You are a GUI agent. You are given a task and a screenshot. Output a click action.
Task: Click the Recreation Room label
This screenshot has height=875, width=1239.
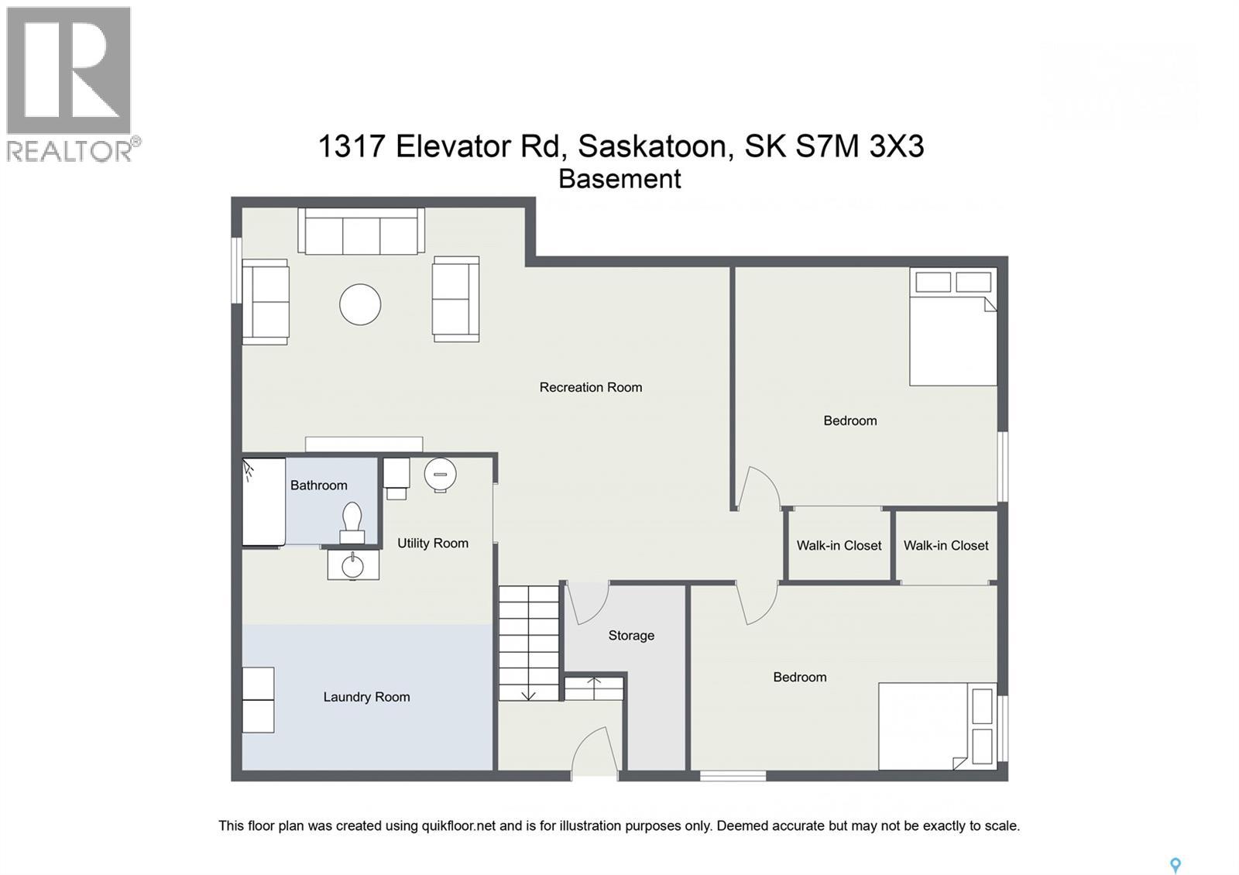[x=590, y=387]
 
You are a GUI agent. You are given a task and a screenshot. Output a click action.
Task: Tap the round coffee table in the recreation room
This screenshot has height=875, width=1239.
[x=360, y=304]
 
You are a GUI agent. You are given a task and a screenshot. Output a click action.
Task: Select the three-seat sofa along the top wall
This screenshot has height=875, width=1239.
[x=362, y=232]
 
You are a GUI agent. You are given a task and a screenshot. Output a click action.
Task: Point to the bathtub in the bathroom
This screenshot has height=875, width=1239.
[x=263, y=503]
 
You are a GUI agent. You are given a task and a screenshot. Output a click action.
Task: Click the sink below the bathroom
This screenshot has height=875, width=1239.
[x=353, y=564]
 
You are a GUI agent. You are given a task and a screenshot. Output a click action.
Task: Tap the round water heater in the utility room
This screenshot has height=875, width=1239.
[x=440, y=474]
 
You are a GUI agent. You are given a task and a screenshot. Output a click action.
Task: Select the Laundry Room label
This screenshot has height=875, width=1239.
[x=366, y=697]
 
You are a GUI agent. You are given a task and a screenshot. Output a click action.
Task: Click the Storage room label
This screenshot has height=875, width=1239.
[x=631, y=636]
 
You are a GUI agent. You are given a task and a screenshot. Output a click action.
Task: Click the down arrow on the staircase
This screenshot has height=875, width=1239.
[x=528, y=694]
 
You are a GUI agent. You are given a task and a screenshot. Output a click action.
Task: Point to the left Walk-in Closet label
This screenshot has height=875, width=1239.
[x=839, y=546]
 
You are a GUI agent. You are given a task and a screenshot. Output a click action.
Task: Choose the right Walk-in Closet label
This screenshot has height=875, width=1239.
[x=946, y=546]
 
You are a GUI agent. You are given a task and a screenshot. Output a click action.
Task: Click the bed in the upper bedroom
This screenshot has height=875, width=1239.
[x=952, y=328]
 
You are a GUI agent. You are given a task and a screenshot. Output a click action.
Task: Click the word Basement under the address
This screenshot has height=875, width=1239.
[x=619, y=179]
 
